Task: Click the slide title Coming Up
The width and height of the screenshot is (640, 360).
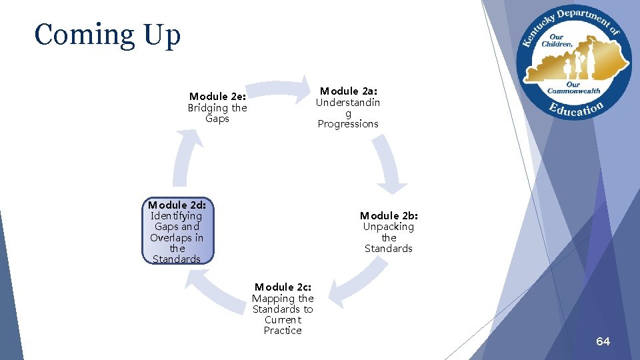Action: pos(107,35)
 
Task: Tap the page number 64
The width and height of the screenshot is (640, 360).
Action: pos(603,341)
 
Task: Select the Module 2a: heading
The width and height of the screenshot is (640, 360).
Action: pos(348,91)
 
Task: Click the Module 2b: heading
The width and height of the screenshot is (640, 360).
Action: pos(389,215)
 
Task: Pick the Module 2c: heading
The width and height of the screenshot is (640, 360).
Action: pos(283,287)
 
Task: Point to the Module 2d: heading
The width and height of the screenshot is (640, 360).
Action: pos(177,205)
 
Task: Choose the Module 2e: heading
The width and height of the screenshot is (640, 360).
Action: pos(217,97)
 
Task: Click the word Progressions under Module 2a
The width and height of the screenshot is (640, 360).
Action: pos(348,124)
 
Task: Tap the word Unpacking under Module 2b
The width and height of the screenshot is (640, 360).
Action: pos(389,227)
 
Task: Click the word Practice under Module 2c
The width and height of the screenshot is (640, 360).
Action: pos(283,331)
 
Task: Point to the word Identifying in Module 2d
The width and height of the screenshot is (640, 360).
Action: pos(177,216)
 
